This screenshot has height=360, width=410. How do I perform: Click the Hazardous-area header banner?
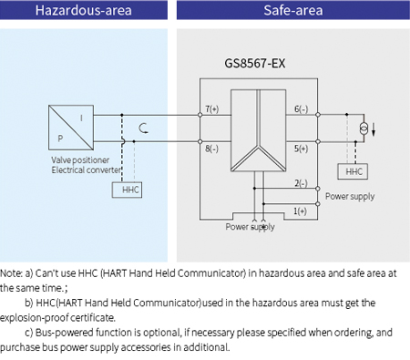[84, 12]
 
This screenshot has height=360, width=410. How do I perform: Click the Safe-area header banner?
[292, 12]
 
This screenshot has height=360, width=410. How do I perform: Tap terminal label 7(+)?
[211, 109]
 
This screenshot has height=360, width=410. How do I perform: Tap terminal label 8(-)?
[211, 148]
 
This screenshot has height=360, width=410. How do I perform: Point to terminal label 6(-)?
[300, 109]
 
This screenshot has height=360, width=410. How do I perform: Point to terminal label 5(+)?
[300, 148]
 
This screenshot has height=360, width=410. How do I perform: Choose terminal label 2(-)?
[300, 183]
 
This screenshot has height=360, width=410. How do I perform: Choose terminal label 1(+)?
[300, 212]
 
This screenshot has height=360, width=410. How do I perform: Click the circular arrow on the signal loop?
[140, 128]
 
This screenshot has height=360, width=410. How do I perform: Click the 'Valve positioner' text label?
[79, 160]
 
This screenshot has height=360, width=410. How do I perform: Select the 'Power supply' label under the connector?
[250, 227]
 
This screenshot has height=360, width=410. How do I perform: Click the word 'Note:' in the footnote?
[12, 273]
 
